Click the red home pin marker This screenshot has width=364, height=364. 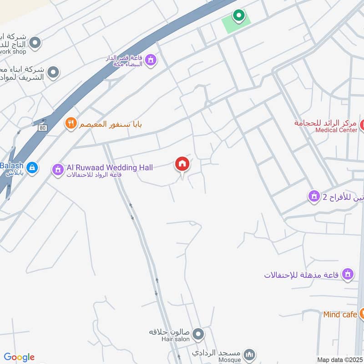(x=182, y=164)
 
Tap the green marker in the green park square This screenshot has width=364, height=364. (x=238, y=16)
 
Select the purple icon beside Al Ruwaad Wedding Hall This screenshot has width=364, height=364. (x=57, y=170)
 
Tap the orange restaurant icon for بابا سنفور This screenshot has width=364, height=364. (x=70, y=123)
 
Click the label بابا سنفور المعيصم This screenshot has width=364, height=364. (x=111, y=124)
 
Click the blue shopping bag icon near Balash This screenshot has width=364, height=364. (x=31, y=167)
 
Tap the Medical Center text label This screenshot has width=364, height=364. (x=336, y=130)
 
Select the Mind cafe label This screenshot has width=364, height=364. (x=340, y=314)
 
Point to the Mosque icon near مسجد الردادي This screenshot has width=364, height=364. (x=249, y=354)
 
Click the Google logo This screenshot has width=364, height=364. (x=19, y=357)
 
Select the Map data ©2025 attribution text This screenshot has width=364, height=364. (x=340, y=359)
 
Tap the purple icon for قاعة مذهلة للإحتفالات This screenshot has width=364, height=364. (x=348, y=274)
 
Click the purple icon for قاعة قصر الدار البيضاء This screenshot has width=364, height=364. (x=151, y=60)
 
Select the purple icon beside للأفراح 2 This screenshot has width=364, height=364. (x=313, y=197)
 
